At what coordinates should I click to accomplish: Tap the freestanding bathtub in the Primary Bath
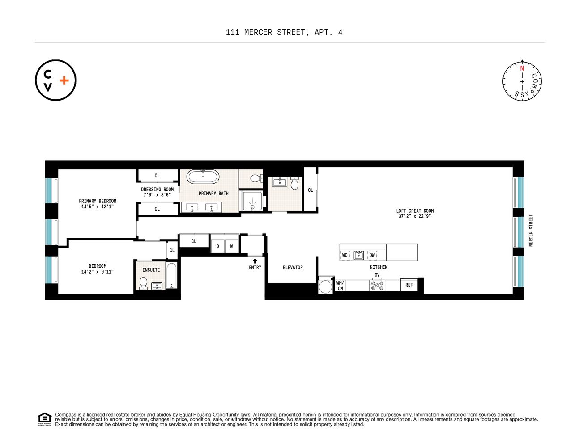pyautogui.click(x=203, y=177)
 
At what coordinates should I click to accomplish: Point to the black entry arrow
pyautogui.click(x=255, y=261)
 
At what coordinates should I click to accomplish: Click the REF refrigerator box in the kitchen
pyautogui.click(x=409, y=285)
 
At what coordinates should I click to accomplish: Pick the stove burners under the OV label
pyautogui.click(x=377, y=285)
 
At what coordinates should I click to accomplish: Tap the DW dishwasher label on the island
pyautogui.click(x=372, y=255)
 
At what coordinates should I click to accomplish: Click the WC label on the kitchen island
pyautogui.click(x=345, y=255)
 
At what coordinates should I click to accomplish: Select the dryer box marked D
pyautogui.click(x=218, y=246)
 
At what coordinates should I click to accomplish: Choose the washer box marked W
pyautogui.click(x=231, y=246)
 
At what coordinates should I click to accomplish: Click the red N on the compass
pyautogui.click(x=522, y=68)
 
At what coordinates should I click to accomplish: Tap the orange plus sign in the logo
pyautogui.click(x=64, y=80)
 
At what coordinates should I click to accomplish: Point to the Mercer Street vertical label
pyautogui.click(x=531, y=230)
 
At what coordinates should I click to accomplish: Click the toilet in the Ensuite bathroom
pyautogui.click(x=143, y=283)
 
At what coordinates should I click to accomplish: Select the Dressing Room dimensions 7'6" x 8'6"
pyautogui.click(x=157, y=195)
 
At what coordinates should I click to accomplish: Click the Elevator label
pyautogui.click(x=293, y=267)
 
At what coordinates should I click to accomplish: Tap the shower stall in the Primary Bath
pyautogui.click(x=252, y=201)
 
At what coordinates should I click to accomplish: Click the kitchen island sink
pyautogui.click(x=359, y=255)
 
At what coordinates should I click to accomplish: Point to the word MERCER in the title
pyautogui.click(x=259, y=33)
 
